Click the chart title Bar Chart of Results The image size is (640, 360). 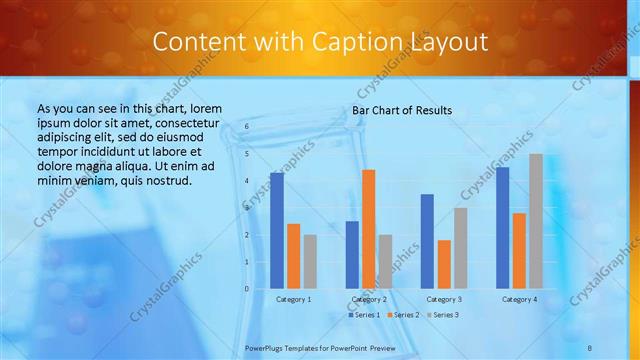click(402, 110)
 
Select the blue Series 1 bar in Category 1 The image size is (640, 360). click(277, 230)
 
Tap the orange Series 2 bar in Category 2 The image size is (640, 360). click(368, 229)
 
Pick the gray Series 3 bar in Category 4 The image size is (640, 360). click(536, 221)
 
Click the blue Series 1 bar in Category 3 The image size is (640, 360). click(427, 241)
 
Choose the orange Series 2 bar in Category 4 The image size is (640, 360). click(519, 250)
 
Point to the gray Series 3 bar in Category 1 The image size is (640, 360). click(310, 261)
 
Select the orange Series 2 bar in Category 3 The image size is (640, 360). click(444, 264)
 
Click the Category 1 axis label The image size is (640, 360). click(293, 299)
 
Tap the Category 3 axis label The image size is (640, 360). click(444, 299)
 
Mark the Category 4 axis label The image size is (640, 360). click(519, 299)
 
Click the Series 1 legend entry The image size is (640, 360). click(364, 315)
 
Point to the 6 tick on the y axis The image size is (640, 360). click(247, 127)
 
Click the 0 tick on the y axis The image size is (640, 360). click(247, 289)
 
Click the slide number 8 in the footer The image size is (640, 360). click(590, 347)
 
